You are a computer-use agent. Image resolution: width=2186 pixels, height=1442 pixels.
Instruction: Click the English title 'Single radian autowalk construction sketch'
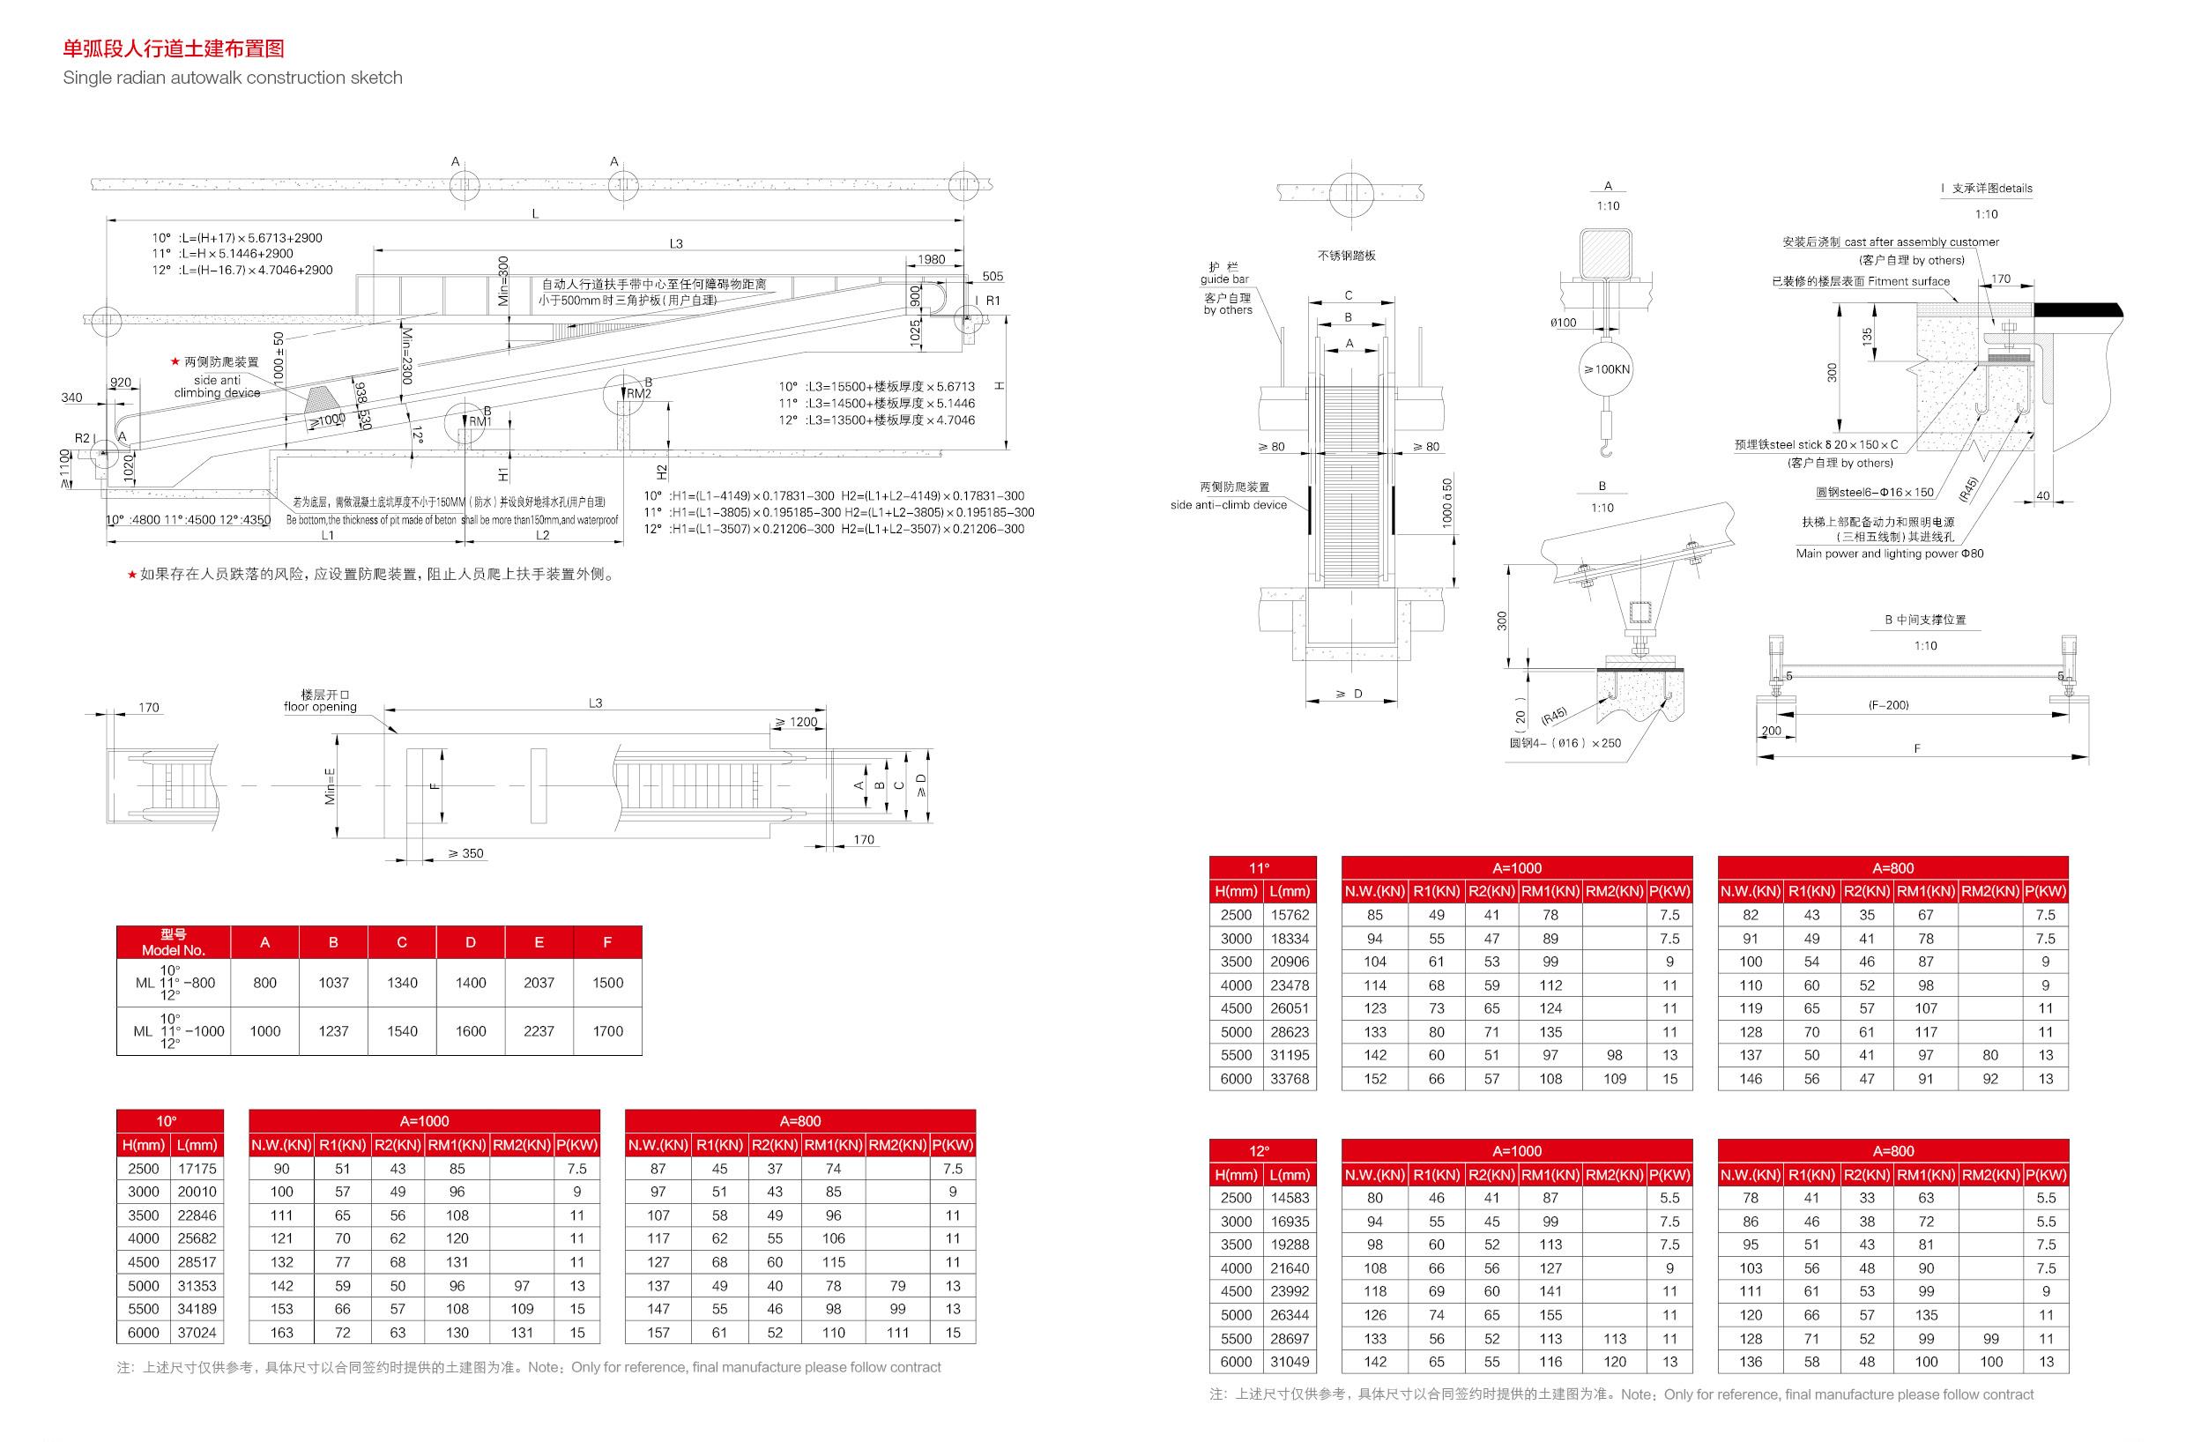(233, 78)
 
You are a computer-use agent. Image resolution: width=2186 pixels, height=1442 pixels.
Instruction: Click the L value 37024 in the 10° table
(197, 1333)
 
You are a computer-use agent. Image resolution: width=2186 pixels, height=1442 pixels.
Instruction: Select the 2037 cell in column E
(539, 983)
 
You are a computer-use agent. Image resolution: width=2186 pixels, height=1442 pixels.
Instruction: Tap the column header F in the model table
(607, 942)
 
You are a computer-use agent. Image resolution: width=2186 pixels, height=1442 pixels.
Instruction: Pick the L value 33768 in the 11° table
(1290, 1079)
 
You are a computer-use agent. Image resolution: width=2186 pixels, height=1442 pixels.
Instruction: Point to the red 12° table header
(1261, 1150)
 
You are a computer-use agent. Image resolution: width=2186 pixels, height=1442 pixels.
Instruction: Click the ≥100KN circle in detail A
(1606, 369)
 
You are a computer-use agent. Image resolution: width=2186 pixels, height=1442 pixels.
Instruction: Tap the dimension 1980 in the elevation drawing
(931, 260)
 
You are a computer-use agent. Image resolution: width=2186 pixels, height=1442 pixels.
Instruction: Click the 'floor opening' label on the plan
(320, 707)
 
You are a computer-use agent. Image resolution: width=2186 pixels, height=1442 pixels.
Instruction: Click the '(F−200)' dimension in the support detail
(1888, 705)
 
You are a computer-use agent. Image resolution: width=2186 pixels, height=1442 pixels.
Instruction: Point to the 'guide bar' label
(1226, 279)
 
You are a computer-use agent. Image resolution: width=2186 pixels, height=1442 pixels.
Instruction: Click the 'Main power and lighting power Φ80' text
(1890, 554)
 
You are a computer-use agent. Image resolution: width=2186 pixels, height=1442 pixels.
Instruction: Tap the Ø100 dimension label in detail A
(1564, 323)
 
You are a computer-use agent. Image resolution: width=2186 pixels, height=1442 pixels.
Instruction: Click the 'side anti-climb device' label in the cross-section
(1229, 505)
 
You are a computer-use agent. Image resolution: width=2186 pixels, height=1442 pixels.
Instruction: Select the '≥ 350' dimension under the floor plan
(465, 853)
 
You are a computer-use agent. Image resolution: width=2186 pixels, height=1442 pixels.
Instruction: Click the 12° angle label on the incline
(420, 432)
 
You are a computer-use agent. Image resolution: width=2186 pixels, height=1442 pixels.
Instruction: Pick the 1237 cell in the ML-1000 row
(333, 1032)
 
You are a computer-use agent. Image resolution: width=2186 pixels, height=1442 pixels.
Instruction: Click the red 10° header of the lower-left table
(169, 1121)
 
